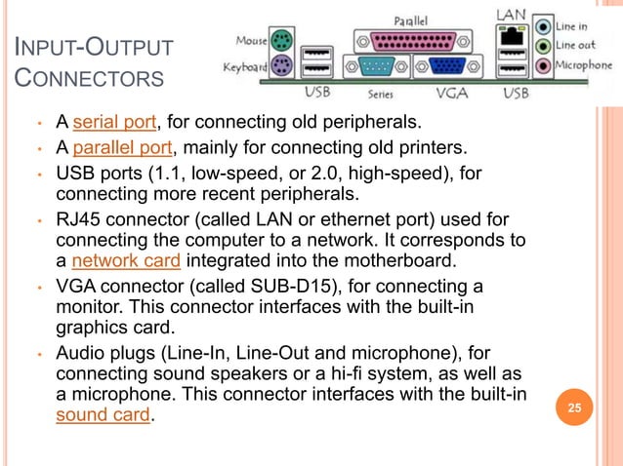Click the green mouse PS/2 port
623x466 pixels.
[279, 42]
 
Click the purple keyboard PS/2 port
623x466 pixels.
[279, 66]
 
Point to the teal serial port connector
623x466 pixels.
[378, 66]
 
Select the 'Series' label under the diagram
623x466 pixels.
[380, 96]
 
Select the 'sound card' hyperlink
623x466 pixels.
[103, 415]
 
